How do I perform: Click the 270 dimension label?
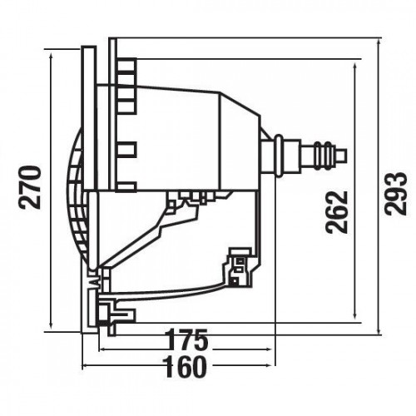click(x=31, y=187)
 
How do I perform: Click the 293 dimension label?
click(x=396, y=193)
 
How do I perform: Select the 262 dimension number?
click(x=336, y=212)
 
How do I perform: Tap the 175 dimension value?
click(x=187, y=339)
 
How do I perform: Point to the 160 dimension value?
click(x=185, y=367)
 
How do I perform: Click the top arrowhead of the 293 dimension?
click(x=379, y=42)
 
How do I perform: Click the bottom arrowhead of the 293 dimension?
click(x=379, y=331)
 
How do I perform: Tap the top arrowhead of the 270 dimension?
click(x=51, y=57)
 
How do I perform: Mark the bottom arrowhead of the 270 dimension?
click(x=51, y=324)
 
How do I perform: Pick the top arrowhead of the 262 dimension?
click(x=355, y=67)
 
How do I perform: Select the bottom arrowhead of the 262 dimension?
click(x=355, y=315)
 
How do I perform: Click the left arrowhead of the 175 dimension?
click(x=102, y=349)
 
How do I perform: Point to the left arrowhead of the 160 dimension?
click(x=87, y=366)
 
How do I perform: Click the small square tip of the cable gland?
click(x=342, y=156)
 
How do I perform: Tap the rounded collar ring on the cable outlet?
click(x=279, y=155)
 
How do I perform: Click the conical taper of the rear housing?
click(x=240, y=140)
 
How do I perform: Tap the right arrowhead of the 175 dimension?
click(x=267, y=349)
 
